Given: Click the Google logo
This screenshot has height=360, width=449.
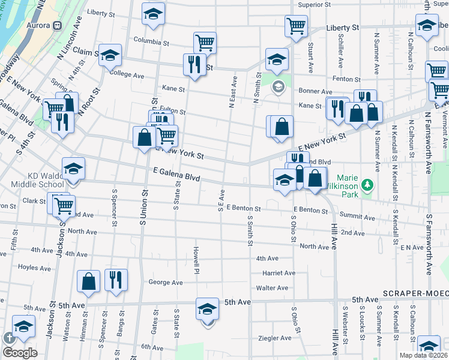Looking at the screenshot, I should (20, 353).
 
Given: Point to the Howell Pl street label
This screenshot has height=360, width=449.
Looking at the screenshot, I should (196, 260).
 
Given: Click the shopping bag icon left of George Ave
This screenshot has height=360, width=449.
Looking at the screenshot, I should (89, 281).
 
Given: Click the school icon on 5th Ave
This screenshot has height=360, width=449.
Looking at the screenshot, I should (207, 309).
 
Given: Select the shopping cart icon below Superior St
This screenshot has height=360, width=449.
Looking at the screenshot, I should (296, 26).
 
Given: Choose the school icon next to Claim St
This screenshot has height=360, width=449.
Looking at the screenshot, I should (110, 55).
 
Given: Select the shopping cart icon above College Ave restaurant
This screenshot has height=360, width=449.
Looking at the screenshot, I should (205, 43).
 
